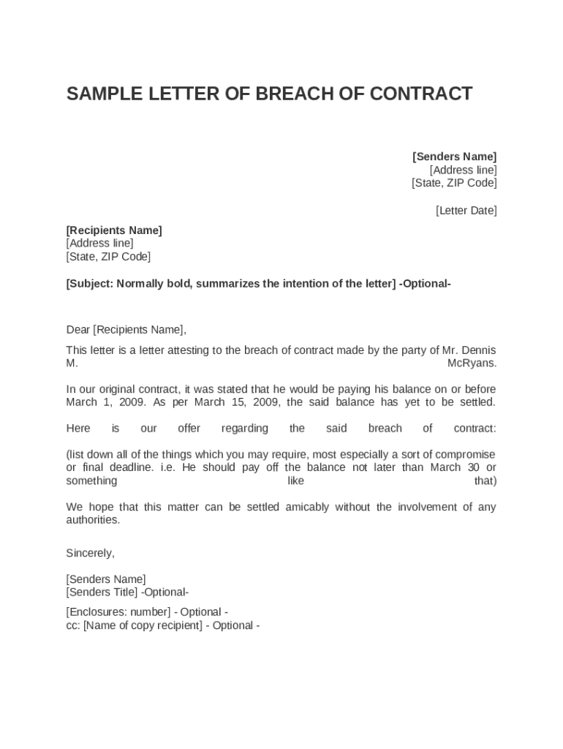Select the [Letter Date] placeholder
(466, 211)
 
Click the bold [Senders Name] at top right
(454, 157)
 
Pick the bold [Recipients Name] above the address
(114, 230)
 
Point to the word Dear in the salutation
(78, 329)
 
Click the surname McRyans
(472, 363)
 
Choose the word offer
(189, 428)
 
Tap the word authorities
(92, 520)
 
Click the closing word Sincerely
(90, 553)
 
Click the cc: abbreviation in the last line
(73, 625)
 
